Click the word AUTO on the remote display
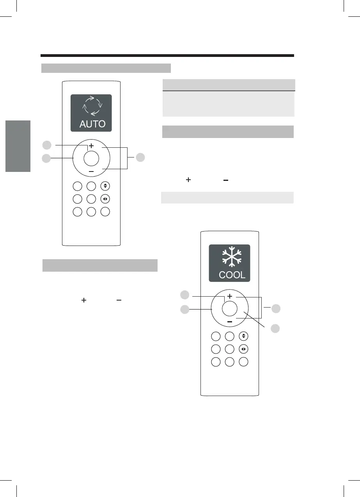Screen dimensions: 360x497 [92, 124]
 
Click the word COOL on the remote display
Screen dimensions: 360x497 [232, 274]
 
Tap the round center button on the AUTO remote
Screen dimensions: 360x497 [91, 158]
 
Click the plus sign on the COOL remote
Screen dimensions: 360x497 [230, 296]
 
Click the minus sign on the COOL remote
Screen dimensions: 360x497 [229, 322]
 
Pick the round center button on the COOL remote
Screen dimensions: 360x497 [229, 309]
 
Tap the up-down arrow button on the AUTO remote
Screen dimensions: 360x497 [105, 186]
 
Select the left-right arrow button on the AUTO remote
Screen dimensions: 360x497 [105, 199]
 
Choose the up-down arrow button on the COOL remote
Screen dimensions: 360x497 [243, 336]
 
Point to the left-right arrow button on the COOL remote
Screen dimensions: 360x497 [243, 349]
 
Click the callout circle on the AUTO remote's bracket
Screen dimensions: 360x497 [140, 157]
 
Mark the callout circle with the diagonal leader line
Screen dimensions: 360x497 [275, 328]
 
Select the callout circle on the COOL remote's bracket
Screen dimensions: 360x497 [276, 309]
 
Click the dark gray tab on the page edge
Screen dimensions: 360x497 [18, 146]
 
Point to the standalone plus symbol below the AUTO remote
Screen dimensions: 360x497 [83, 301]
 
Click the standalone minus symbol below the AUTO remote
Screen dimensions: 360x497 [118, 301]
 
